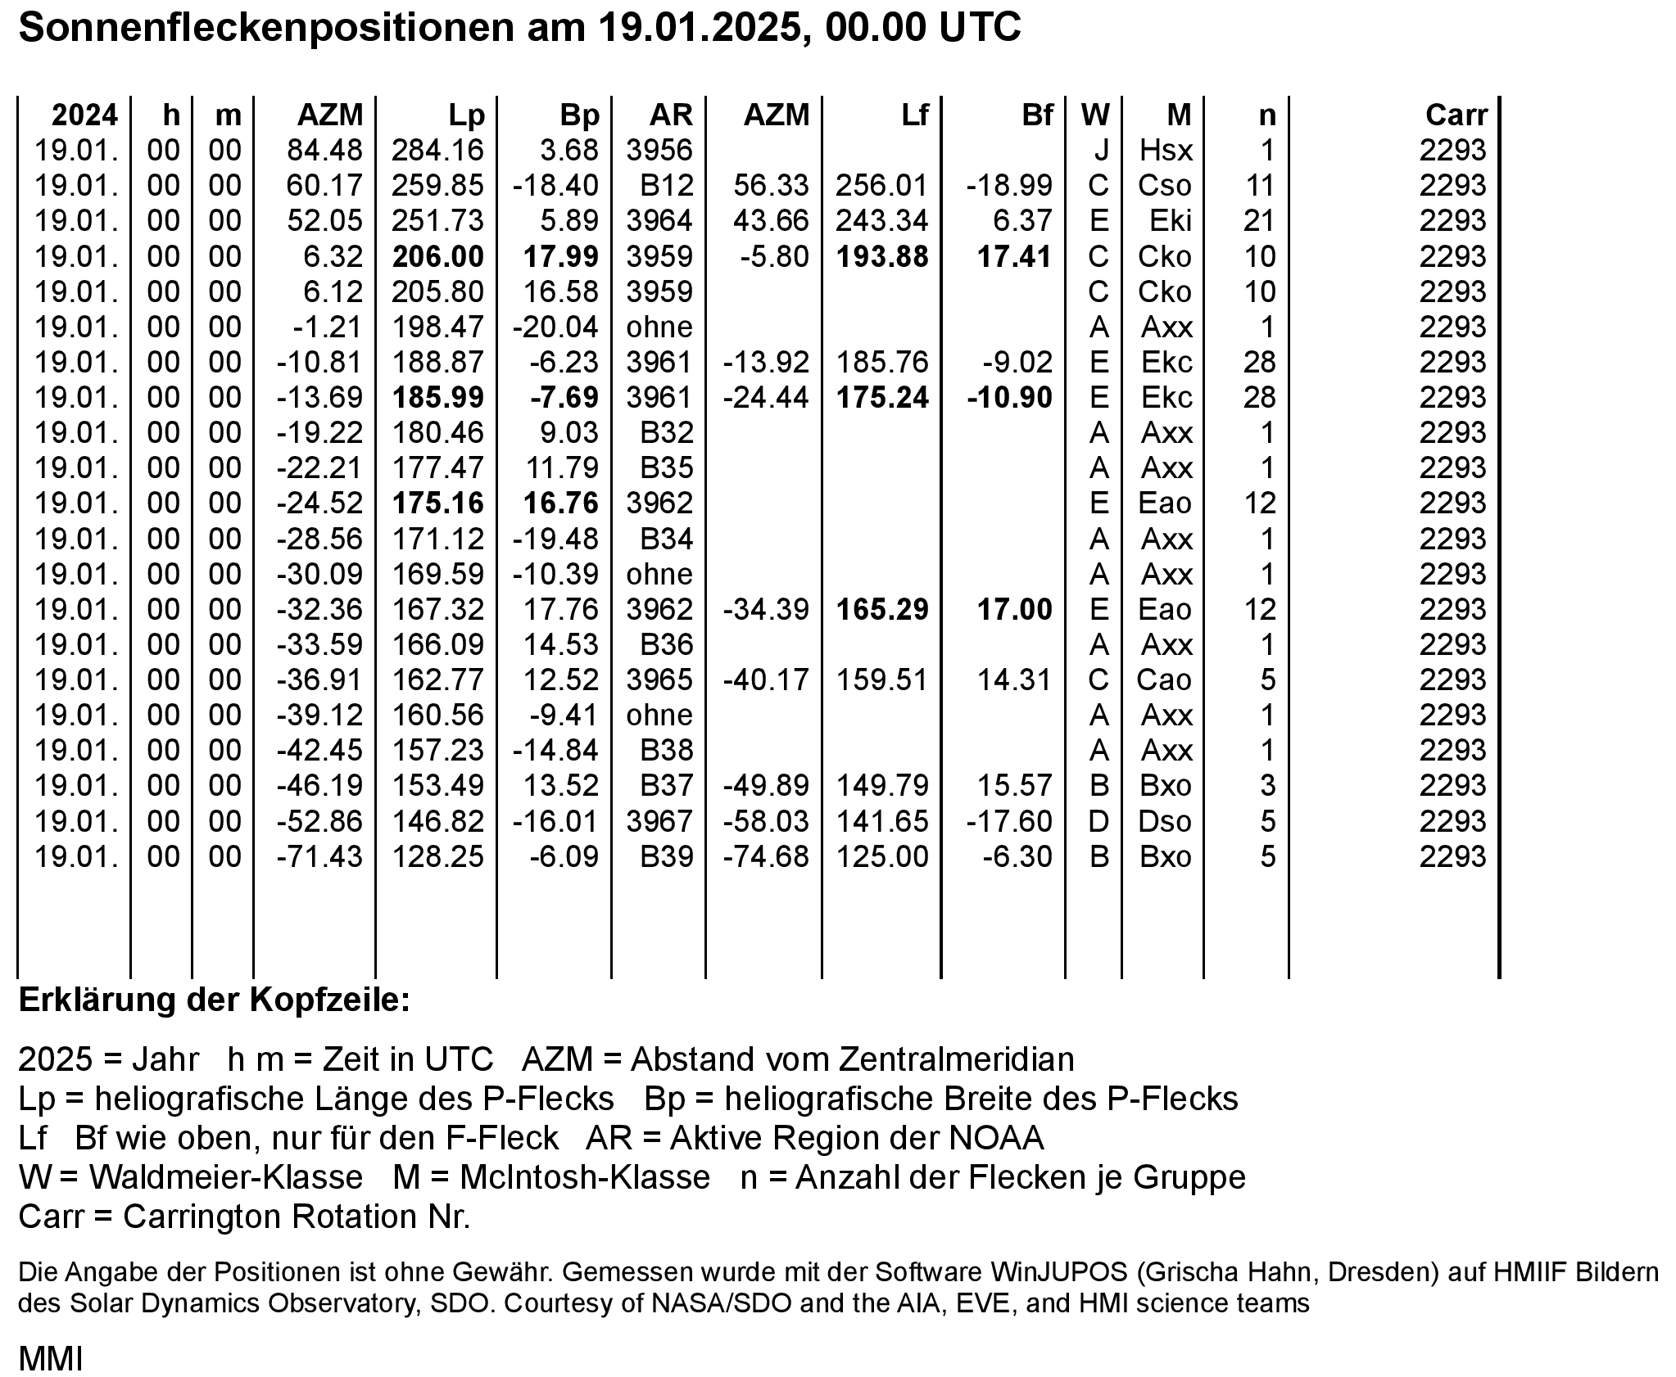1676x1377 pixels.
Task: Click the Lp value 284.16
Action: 437,151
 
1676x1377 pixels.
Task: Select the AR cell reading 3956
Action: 659,151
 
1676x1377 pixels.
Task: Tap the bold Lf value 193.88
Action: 882,257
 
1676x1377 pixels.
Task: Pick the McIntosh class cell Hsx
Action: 1166,151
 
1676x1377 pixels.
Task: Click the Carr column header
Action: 1456,115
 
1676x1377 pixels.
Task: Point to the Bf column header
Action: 1037,115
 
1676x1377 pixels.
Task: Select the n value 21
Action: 1259,221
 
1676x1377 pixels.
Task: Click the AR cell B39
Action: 667,857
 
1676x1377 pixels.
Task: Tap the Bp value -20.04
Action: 555,327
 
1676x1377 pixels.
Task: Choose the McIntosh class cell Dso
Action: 1165,821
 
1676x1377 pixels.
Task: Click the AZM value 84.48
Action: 324,151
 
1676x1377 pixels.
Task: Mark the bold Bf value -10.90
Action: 1009,398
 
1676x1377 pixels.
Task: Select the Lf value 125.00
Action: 882,857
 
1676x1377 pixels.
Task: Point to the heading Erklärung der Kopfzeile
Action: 214,1000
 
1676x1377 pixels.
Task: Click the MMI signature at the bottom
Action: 51,1359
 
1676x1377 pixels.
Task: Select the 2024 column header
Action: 84,115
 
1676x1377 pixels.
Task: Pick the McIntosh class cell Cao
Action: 1163,680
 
